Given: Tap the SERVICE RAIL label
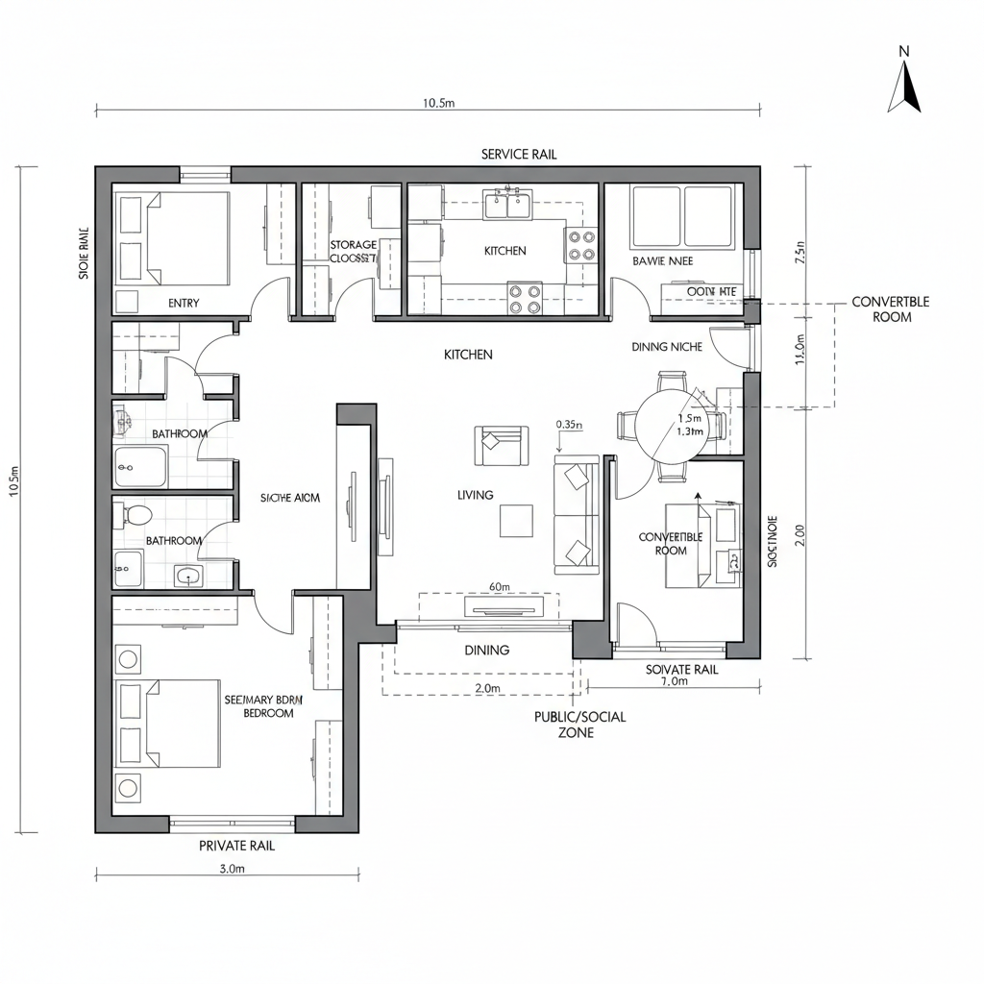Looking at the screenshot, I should coord(519,155).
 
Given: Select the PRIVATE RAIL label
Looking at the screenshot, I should coord(236,846).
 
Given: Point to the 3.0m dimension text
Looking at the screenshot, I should coord(233,869).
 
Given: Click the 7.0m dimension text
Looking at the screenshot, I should coord(675,681).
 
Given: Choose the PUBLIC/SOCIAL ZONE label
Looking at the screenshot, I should coord(579,725).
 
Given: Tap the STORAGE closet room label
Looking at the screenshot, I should coord(353,252).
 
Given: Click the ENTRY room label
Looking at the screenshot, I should coord(184,303).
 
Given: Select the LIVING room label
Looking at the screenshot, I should coord(476,495).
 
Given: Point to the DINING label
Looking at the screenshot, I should coord(487,651).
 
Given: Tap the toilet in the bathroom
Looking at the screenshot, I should coord(130,515).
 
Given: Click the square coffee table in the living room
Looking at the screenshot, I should coord(516,521).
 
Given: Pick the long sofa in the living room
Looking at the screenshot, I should coord(576,514).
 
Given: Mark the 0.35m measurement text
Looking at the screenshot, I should coord(570,424).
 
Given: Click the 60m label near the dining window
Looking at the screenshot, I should coord(499,586).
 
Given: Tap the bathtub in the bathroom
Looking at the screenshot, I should coord(141,467).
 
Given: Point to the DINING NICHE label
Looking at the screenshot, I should coord(667,347).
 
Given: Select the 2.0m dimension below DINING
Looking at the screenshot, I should coord(488,688).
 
